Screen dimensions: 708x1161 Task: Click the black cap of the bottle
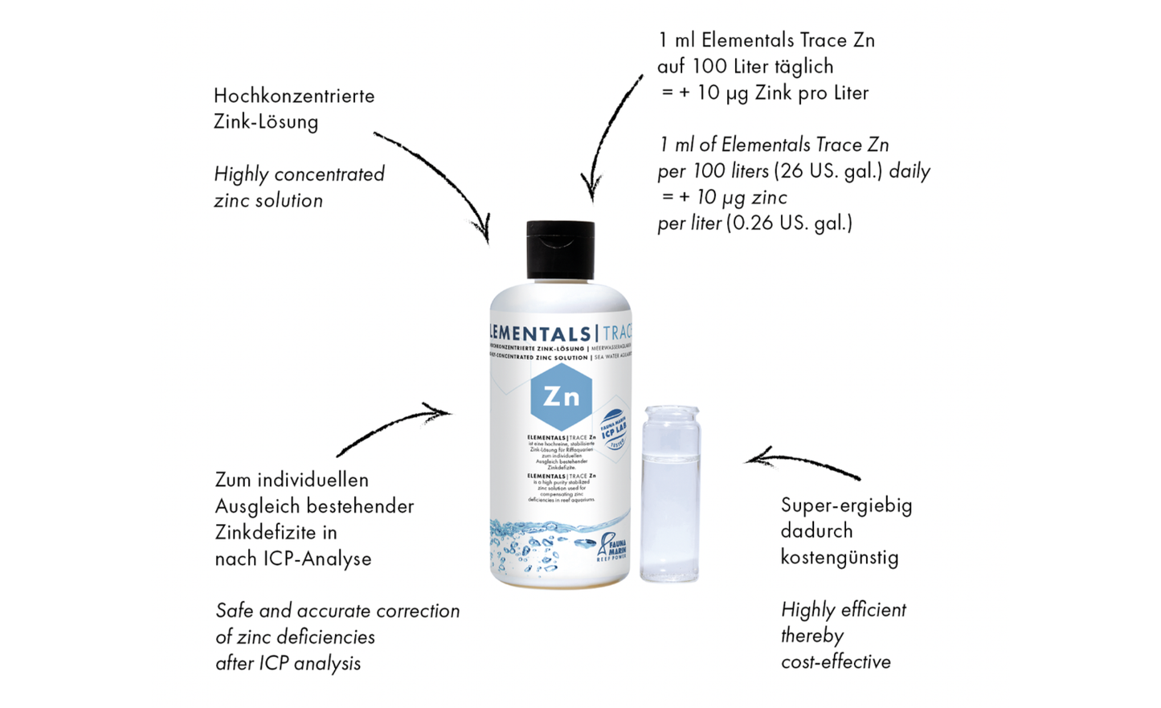click(x=560, y=250)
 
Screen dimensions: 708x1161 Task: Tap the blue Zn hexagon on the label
click(x=561, y=396)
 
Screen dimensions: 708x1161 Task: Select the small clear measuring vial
click(x=669, y=493)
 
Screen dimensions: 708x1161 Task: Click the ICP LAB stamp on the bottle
click(x=615, y=427)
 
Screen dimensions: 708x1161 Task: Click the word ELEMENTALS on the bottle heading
click(x=539, y=334)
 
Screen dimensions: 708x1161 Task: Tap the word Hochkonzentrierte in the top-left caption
click(x=294, y=96)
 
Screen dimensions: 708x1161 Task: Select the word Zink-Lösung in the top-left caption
click(x=266, y=122)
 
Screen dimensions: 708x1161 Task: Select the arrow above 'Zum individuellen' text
click(x=394, y=430)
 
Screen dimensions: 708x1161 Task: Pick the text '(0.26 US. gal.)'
click(x=789, y=223)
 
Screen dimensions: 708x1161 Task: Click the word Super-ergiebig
click(x=846, y=505)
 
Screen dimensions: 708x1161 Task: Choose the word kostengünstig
click(x=840, y=558)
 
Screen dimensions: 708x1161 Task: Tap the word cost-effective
click(x=836, y=662)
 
